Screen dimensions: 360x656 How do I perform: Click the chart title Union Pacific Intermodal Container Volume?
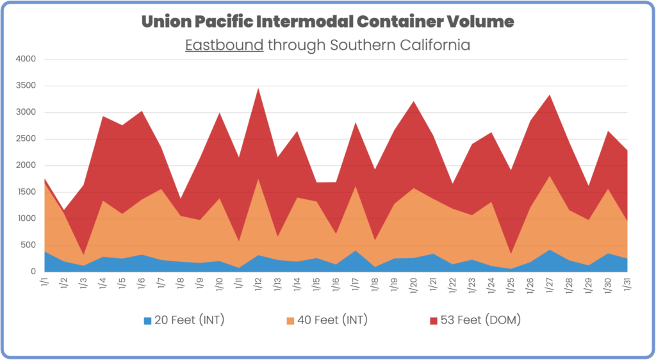click(x=327, y=22)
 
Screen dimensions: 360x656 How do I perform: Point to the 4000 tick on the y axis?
click(x=26, y=60)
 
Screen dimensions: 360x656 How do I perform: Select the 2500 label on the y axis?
click(x=26, y=139)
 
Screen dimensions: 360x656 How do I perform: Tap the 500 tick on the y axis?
click(x=29, y=245)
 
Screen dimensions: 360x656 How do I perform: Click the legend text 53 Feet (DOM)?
click(x=480, y=320)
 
